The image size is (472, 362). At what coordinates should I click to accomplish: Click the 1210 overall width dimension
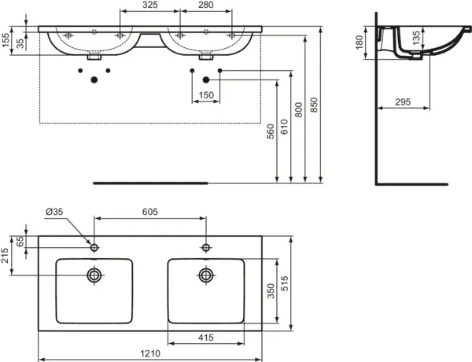coord(150,353)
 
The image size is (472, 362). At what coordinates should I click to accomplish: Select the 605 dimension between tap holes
coord(150,212)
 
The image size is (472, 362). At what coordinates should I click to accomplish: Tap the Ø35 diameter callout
coord(54,212)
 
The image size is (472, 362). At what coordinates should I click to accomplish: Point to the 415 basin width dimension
coord(206,338)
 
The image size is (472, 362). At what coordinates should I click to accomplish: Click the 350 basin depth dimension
coord(271,290)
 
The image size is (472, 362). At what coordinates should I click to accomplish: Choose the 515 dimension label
coord(284,283)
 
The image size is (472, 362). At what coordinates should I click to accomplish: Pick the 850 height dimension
coord(314,105)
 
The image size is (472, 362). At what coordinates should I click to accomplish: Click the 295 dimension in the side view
coord(403,102)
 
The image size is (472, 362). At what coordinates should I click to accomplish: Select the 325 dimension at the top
coord(150,5)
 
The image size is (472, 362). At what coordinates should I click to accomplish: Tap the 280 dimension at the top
coord(206,5)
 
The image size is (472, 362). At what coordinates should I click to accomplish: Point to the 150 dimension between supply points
coord(206,95)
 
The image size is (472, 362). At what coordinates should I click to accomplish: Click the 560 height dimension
coord(271,131)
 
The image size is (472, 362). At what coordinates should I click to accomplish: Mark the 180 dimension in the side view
coord(360,42)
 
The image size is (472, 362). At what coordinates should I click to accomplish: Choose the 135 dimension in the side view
coord(416,38)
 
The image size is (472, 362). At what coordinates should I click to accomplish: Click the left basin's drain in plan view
coord(94,275)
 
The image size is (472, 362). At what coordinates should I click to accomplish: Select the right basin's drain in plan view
coord(206,275)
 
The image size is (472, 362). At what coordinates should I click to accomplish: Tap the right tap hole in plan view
coord(206,248)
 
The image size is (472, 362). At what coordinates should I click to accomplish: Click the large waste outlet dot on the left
coord(94,79)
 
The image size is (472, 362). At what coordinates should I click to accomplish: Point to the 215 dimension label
coord(5,256)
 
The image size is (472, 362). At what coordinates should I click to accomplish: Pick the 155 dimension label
coord(6,40)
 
